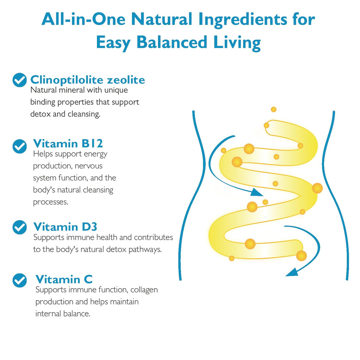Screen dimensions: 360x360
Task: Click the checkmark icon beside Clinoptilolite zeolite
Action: click(20, 80)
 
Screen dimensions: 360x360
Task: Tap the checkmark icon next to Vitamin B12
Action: click(20, 146)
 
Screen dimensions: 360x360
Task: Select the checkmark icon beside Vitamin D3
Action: click(20, 227)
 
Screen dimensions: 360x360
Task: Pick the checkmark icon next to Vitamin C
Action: click(20, 280)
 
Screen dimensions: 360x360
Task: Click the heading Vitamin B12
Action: click(68, 143)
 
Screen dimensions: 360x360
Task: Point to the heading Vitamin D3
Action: click(65, 227)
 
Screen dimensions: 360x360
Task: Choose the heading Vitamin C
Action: click(64, 279)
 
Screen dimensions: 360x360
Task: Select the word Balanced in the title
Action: click(172, 42)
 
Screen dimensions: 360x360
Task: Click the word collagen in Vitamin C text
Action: click(144, 290)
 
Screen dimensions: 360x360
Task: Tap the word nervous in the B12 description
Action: click(89, 166)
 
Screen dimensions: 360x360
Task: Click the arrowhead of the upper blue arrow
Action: click(257, 192)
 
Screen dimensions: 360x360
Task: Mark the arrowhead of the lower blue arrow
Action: click(292, 272)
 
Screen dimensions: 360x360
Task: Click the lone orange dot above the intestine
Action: click(274, 109)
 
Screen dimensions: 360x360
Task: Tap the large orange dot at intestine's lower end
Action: click(301, 256)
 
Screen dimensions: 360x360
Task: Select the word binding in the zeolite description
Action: click(43, 102)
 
